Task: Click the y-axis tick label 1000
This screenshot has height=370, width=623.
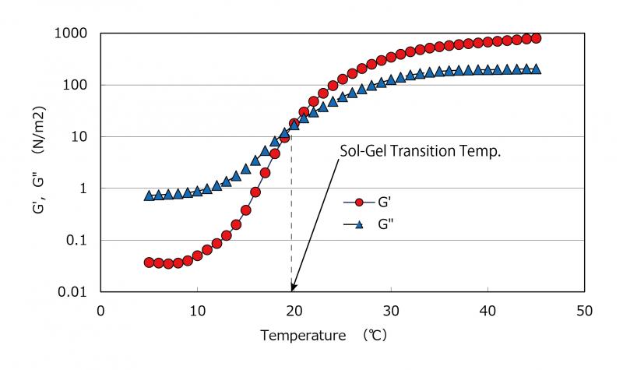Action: (x=71, y=33)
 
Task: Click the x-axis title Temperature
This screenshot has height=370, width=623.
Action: (x=302, y=337)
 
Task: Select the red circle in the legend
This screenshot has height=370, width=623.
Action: (x=360, y=203)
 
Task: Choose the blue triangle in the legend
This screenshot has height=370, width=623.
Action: (x=360, y=224)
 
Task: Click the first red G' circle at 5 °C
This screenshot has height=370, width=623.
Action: (x=149, y=263)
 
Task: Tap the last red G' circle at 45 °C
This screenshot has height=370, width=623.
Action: (x=536, y=38)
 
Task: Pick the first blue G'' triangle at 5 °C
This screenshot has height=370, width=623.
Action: (x=149, y=196)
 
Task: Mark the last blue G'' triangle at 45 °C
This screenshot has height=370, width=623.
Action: (x=536, y=69)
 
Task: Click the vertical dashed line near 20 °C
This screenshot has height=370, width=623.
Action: (x=292, y=218)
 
